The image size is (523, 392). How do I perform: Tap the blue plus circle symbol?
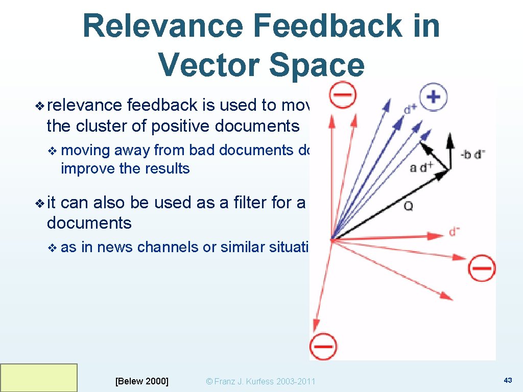[x=433, y=97]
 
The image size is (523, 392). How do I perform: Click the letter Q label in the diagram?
[x=409, y=206]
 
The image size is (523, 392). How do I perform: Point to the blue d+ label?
[x=410, y=109]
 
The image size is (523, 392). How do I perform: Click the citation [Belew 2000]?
[x=142, y=381]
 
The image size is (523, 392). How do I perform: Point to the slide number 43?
[x=508, y=380]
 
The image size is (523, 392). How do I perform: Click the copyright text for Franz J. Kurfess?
[x=260, y=381]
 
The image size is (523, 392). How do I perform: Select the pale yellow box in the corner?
[x=39, y=378]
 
